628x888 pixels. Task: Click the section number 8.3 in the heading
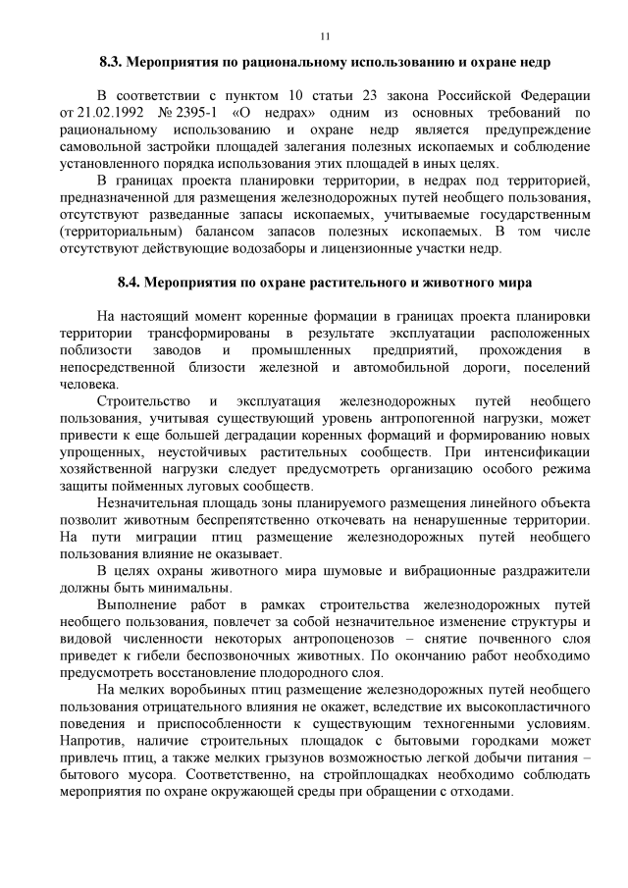point(115,62)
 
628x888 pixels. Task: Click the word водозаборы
point(287,248)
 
